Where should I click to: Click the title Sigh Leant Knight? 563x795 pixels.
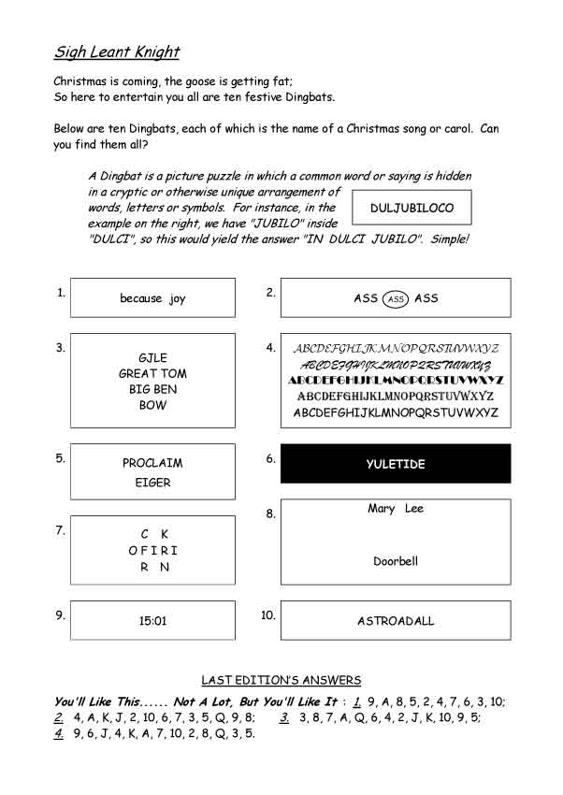[116, 51]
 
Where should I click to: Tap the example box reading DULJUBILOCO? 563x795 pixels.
[411, 208]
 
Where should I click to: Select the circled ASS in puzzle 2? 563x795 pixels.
[396, 298]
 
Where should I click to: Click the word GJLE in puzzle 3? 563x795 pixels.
[152, 358]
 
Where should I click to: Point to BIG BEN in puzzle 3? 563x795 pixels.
[152, 389]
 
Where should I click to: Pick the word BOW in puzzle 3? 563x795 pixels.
[152, 405]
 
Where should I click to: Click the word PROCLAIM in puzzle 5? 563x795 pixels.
[152, 463]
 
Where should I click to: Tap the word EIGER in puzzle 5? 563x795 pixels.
[152, 483]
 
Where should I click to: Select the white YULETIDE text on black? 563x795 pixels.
[396, 464]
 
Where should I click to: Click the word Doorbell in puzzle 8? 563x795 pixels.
[396, 562]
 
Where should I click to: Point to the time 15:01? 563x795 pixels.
[152, 620]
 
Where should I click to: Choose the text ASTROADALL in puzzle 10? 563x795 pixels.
[396, 620]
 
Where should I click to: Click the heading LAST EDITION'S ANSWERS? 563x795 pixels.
[281, 680]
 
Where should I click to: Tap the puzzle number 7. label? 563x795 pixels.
[61, 530]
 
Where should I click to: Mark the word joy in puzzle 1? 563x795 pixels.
[178, 299]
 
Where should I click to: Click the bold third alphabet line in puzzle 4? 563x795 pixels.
[396, 381]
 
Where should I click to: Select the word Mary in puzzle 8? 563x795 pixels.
[381, 509]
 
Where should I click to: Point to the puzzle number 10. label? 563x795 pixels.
[268, 614]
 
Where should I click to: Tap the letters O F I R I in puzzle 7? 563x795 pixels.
[152, 551]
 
